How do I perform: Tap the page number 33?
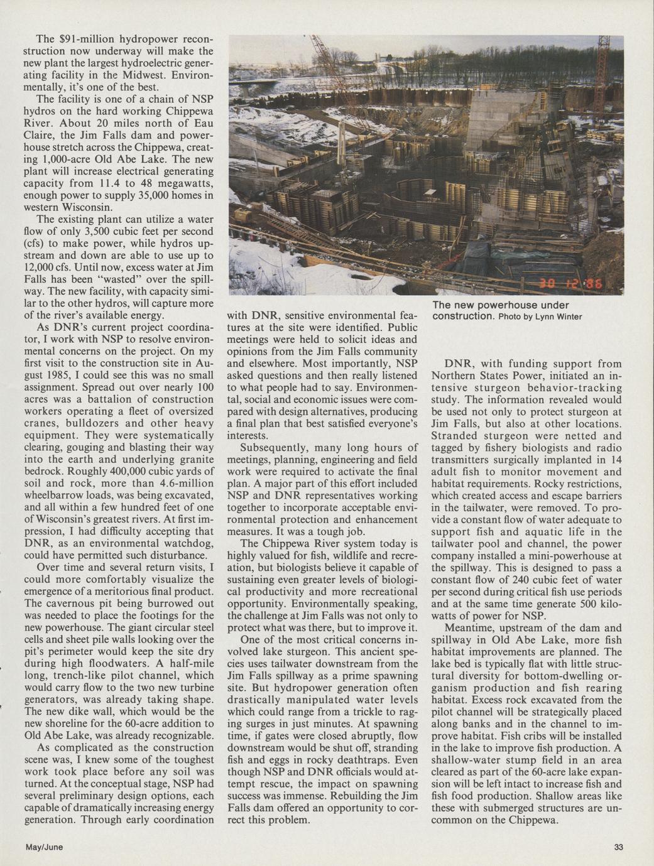coord(619,847)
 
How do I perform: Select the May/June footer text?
coord(44,847)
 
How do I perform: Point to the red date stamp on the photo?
coord(568,284)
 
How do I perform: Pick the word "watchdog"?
coord(183,543)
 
